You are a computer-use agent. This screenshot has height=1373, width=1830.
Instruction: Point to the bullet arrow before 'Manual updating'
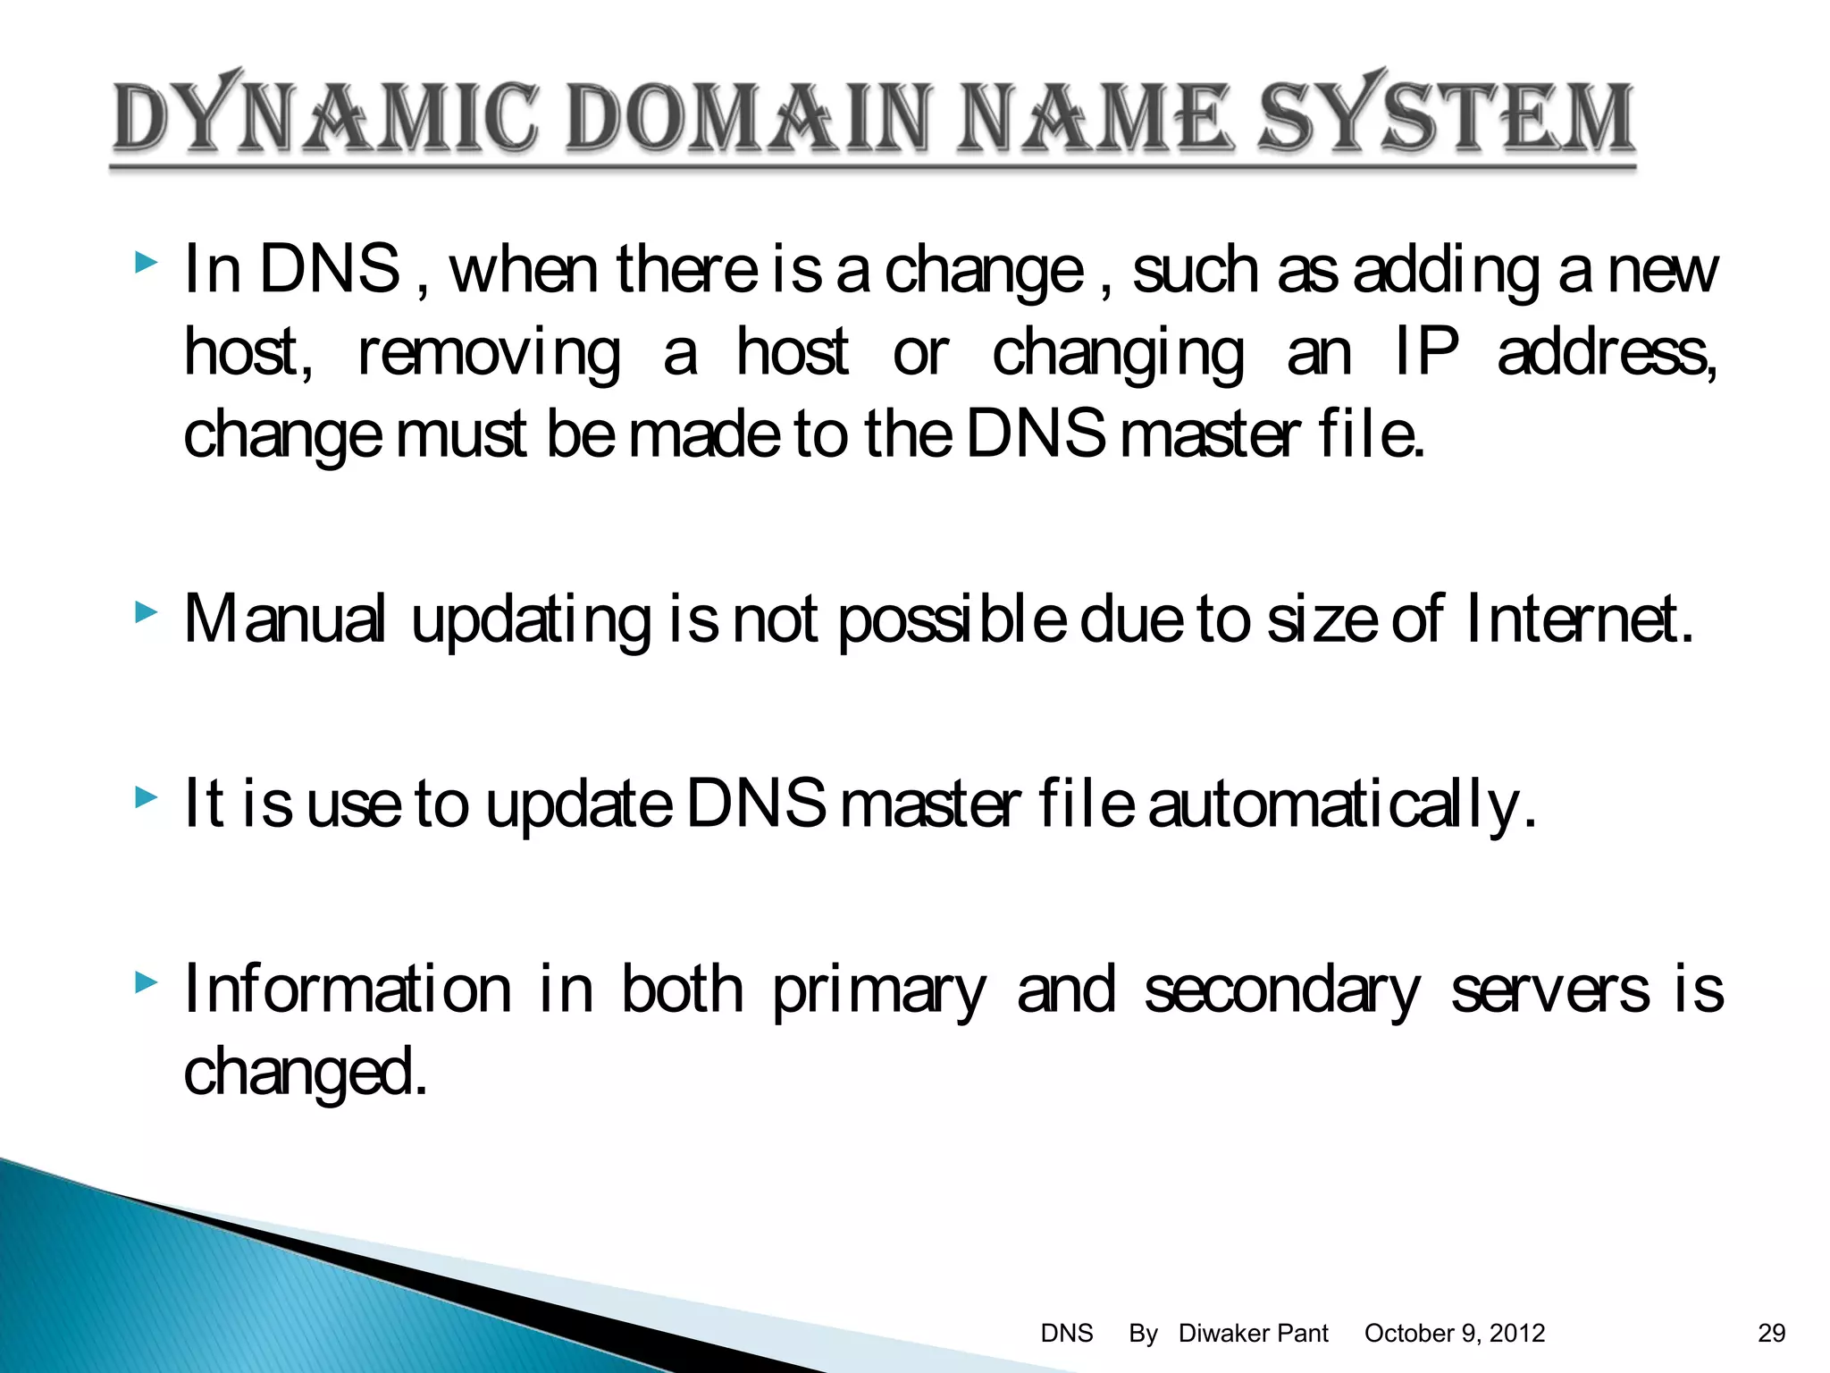point(146,613)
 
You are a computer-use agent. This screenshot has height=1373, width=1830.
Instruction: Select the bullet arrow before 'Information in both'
point(146,983)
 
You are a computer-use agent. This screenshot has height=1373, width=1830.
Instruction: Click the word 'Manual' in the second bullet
point(284,619)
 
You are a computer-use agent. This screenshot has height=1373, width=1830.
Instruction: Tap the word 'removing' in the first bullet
point(489,353)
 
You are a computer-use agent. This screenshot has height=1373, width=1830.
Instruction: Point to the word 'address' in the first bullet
point(1606,353)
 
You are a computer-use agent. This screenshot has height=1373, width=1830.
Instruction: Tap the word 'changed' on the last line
point(304,1073)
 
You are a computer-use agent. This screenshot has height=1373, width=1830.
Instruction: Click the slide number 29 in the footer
point(1771,1333)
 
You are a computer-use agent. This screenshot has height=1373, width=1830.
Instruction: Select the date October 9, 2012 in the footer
point(1455,1333)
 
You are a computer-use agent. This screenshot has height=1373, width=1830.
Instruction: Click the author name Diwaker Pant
point(1253,1333)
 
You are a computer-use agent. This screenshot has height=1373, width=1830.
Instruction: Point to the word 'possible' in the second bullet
point(953,620)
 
